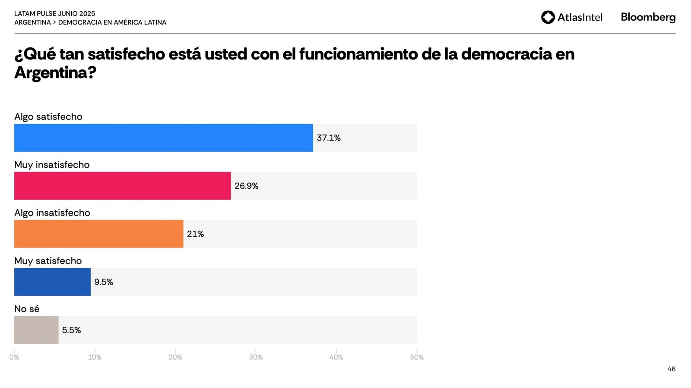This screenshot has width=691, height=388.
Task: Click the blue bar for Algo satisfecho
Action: [163, 138]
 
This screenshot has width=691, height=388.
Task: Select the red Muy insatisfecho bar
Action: [122, 186]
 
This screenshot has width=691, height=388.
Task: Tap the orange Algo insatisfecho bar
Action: [98, 234]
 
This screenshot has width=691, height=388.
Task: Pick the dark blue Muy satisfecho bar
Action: [52, 282]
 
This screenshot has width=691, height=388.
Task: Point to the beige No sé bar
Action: [36, 330]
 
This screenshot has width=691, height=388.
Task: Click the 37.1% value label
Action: [329, 138]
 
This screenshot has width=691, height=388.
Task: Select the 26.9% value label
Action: [247, 186]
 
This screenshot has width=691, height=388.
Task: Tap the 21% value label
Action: [195, 234]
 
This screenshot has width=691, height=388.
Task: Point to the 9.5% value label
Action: [104, 282]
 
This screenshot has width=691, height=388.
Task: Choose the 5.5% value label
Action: [71, 330]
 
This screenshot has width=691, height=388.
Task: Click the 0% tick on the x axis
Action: [14, 357]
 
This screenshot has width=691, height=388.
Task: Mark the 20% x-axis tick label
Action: [175, 357]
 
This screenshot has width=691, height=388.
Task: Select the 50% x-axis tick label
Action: [417, 357]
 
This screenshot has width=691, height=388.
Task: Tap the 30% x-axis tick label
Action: [256, 357]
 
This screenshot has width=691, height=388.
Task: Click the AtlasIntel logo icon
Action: [548, 17]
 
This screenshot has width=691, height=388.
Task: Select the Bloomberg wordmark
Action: [648, 17]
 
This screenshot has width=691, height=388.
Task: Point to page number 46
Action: [671, 369]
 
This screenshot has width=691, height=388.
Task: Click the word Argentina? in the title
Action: [55, 73]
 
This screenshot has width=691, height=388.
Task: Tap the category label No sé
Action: [27, 309]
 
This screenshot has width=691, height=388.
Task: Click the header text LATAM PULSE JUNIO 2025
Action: [55, 14]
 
